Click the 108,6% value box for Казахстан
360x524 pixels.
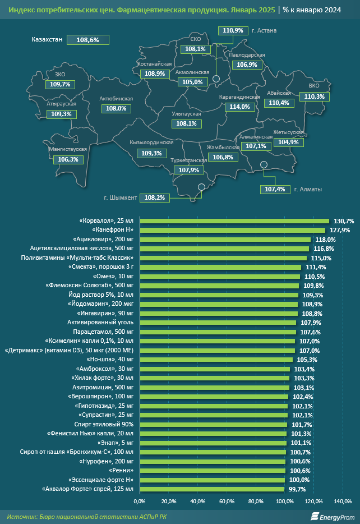[x=88, y=40]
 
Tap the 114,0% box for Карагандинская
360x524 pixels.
[x=240, y=107]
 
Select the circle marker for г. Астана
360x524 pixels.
[x=216, y=79]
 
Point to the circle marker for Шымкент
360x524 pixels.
[x=201, y=187]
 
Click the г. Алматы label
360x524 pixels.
[x=308, y=190]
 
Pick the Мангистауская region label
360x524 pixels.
[x=68, y=149]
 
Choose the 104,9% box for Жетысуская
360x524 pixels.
[x=289, y=142]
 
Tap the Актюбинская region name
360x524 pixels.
[x=116, y=99]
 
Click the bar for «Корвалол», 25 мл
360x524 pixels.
[x=234, y=221]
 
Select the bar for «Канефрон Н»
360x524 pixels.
[x=233, y=230]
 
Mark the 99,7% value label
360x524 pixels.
[x=297, y=489]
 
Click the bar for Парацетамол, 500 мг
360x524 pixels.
[x=218, y=332]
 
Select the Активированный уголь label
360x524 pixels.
[x=100, y=323]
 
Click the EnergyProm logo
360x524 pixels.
[x=333, y=517]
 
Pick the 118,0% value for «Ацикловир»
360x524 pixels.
[x=325, y=240]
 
